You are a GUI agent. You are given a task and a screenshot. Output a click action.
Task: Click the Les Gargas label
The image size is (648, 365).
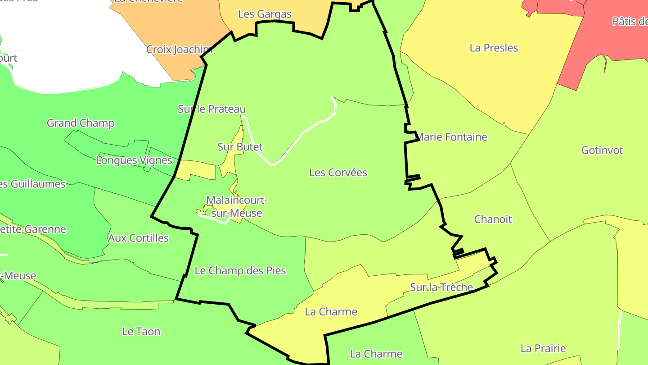[265, 14]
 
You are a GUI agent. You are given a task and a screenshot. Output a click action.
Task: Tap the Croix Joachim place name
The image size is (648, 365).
[179, 50]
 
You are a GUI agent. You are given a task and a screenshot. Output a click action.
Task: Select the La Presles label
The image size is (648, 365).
[494, 48]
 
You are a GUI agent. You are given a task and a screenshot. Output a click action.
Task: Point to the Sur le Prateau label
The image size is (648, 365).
[212, 109]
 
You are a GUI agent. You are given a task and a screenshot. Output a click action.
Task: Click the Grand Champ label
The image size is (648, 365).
[81, 123]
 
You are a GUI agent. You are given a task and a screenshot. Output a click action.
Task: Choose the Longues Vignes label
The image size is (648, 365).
[134, 160]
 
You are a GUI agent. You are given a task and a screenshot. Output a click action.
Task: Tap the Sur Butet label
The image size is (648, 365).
[240, 147]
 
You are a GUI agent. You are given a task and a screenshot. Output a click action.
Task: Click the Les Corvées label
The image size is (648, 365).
[338, 173]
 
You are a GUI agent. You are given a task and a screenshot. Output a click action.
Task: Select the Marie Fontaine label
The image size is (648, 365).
[452, 137]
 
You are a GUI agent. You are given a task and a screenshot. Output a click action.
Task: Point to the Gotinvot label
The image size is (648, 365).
[602, 151]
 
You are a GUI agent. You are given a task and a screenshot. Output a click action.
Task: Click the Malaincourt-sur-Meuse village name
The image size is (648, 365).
[237, 206]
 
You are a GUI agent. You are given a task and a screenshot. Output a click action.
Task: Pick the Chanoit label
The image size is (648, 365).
[493, 219]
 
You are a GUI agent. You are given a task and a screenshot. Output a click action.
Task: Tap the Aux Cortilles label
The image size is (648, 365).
[138, 238]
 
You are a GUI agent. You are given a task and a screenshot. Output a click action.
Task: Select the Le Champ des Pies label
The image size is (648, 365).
[240, 271]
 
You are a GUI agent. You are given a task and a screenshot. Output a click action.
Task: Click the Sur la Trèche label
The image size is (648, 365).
[441, 287]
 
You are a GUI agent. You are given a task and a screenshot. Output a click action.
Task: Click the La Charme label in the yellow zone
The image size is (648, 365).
[331, 312]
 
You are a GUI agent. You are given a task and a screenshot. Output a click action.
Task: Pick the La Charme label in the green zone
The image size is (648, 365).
[376, 354]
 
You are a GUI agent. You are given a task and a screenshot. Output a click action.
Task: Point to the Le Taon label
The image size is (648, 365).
[141, 332]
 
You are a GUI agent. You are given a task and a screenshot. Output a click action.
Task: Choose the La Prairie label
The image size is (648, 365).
[543, 348]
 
